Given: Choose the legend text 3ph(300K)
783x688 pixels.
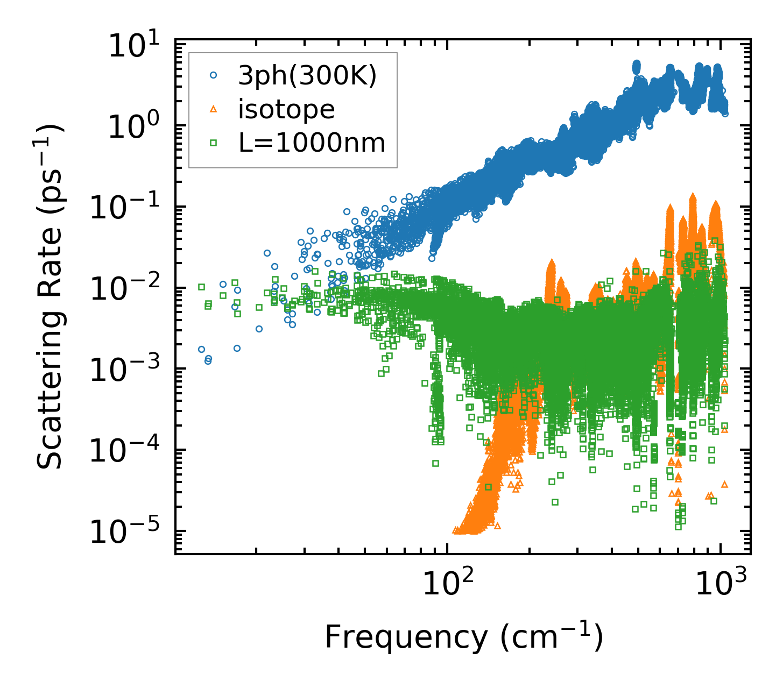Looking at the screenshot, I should click(x=307, y=77).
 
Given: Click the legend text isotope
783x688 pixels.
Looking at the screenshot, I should click(x=286, y=110).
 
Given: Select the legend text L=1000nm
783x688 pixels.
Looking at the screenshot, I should click(x=312, y=143).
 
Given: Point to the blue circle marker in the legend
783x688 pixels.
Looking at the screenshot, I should click(x=214, y=76).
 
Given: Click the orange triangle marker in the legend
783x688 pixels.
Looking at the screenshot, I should click(x=214, y=110).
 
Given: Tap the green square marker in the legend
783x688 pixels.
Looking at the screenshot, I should click(x=214, y=143).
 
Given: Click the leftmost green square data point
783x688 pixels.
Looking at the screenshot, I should click(x=201, y=287).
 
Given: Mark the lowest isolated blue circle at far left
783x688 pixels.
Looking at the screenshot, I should click(x=208, y=361).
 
